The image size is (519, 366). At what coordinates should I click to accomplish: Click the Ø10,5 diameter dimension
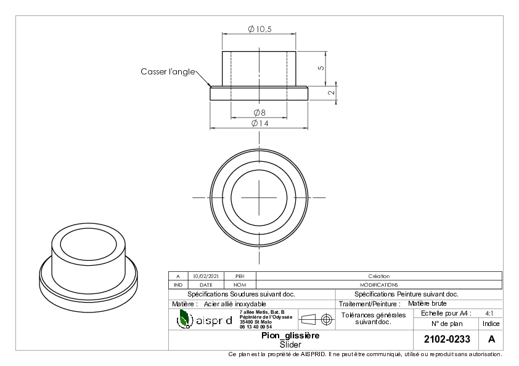pos(260,29)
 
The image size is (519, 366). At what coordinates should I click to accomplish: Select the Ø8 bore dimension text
pos(259,113)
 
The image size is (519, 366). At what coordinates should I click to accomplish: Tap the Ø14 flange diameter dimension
pos(260,123)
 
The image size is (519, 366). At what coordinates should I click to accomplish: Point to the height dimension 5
pos(321,68)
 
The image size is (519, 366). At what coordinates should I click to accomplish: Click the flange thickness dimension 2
pos(332,93)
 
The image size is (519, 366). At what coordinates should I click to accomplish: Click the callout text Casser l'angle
pos(168,72)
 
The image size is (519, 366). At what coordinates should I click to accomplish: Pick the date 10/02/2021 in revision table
pos(206,276)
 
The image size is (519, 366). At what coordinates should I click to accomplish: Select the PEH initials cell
pos(240,276)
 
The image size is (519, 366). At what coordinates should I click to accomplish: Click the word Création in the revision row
pos(379,276)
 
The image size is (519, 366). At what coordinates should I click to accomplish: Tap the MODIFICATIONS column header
pos(379,285)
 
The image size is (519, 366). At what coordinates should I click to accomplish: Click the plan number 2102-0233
pos(447,340)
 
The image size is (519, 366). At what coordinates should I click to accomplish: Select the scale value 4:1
pos(489,314)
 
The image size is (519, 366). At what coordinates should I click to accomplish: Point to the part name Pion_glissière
pos(290,336)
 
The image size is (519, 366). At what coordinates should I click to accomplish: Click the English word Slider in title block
pos(290,345)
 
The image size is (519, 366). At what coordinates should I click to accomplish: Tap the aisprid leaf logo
pos(184,319)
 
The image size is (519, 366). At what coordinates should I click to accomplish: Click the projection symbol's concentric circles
pos(326,319)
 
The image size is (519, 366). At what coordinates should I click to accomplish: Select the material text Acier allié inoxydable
pos(235,304)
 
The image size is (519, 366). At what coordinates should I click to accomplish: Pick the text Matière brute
pos(427,304)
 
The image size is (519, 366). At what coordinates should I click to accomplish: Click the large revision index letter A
pos(491,340)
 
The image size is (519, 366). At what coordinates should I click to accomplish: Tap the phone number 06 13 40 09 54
pos(256,327)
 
